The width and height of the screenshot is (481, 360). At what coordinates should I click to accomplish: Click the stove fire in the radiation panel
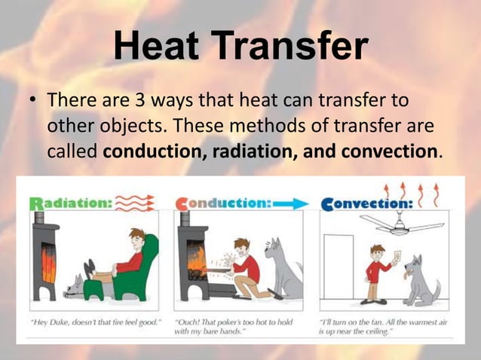point(47,264)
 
